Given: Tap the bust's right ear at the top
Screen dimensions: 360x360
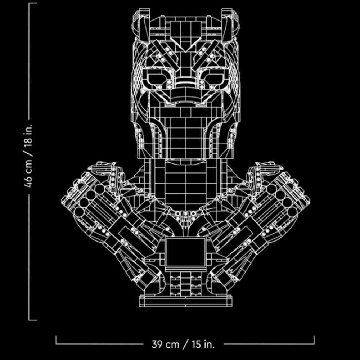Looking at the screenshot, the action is pos(230,24).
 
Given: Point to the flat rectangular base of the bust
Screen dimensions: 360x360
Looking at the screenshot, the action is pos(185,301).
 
